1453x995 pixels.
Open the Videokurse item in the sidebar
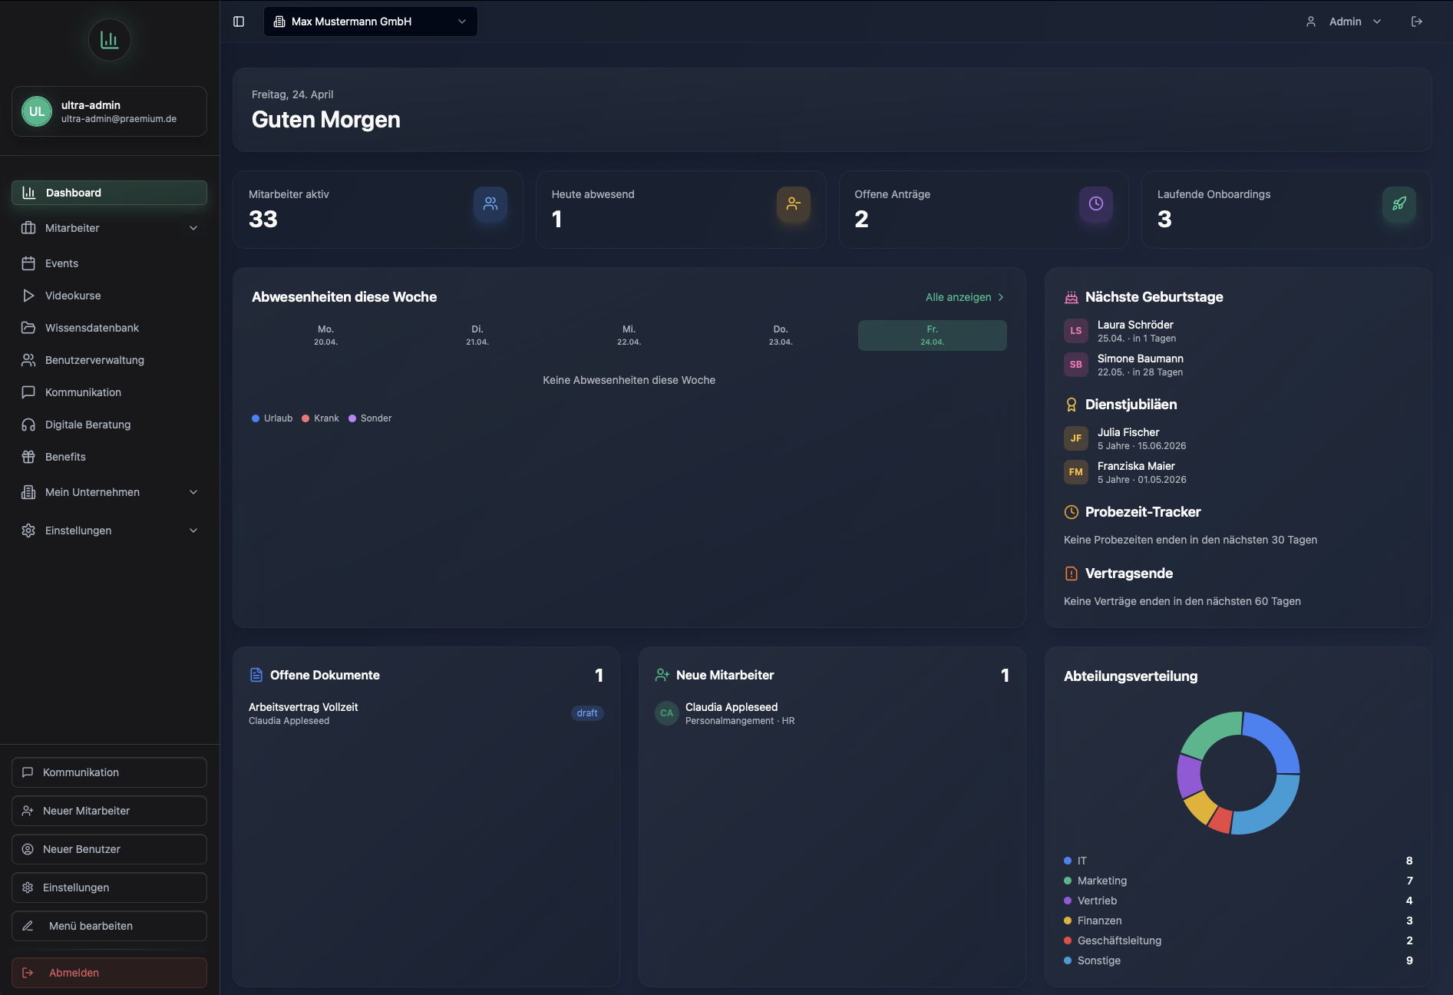click(73, 296)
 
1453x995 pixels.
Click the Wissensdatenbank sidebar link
click(92, 328)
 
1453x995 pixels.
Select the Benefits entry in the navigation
click(65, 457)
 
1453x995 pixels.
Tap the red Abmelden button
click(109, 973)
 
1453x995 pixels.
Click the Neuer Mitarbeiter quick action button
click(109, 811)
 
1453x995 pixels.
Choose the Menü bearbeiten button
click(109, 926)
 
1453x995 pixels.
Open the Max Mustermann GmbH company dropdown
click(371, 21)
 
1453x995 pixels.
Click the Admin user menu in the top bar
click(1344, 21)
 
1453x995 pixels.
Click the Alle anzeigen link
click(965, 297)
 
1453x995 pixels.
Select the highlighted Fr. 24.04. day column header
click(932, 336)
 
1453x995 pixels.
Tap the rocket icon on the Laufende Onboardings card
click(1399, 203)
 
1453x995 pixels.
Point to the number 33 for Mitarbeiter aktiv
click(263, 220)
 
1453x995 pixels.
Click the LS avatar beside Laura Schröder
click(1076, 331)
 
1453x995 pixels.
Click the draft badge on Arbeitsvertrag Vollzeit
click(587, 713)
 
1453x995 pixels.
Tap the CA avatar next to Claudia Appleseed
click(667, 713)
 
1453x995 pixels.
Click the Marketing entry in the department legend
click(1102, 881)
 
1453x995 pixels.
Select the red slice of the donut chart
click(1220, 821)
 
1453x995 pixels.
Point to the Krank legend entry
click(321, 418)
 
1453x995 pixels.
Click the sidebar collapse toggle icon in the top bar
click(239, 21)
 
